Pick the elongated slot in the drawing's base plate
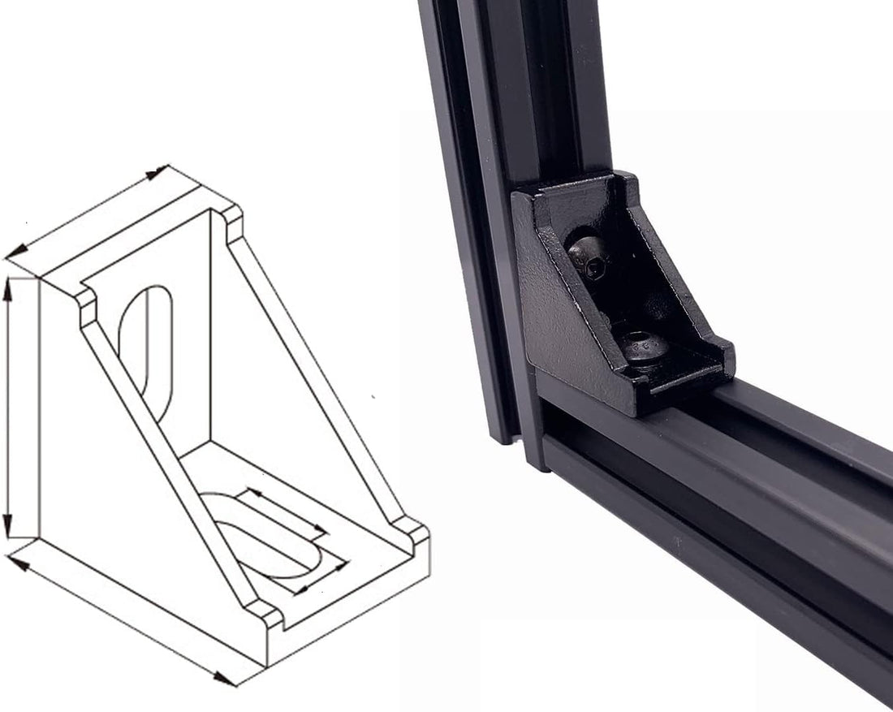[x=268, y=536]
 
